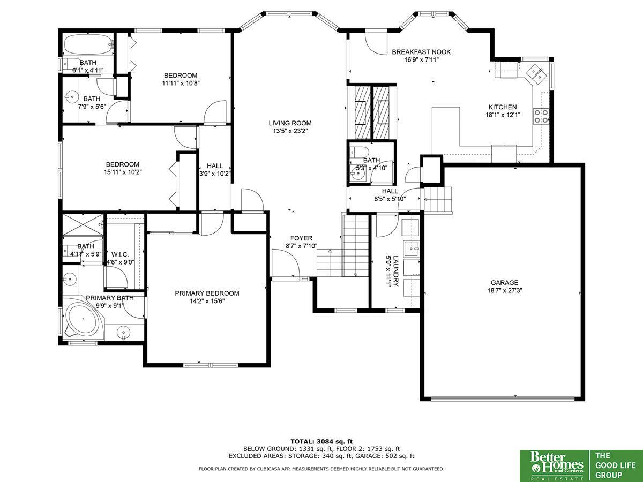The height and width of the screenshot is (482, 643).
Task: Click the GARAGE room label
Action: point(504,283)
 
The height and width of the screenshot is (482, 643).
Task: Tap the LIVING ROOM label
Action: point(290,123)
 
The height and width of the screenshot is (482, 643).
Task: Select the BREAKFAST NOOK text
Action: point(421,52)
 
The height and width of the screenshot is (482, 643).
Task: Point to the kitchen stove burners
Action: point(541,116)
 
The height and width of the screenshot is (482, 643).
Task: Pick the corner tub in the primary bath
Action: point(84,320)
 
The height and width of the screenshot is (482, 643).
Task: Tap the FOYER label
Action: point(302,238)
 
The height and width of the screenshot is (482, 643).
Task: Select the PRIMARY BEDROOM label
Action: point(207,293)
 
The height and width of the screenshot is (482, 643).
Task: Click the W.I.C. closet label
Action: point(120,254)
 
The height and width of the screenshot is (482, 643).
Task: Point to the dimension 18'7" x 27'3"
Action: point(505,291)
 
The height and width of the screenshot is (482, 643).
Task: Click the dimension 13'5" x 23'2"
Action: point(290,131)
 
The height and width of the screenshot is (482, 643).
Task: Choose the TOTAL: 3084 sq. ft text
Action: point(322,442)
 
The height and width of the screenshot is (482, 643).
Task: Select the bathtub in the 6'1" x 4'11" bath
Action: point(88,44)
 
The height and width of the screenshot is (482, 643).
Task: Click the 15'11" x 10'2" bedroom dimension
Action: point(123,172)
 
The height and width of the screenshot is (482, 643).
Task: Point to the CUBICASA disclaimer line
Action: point(322,469)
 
